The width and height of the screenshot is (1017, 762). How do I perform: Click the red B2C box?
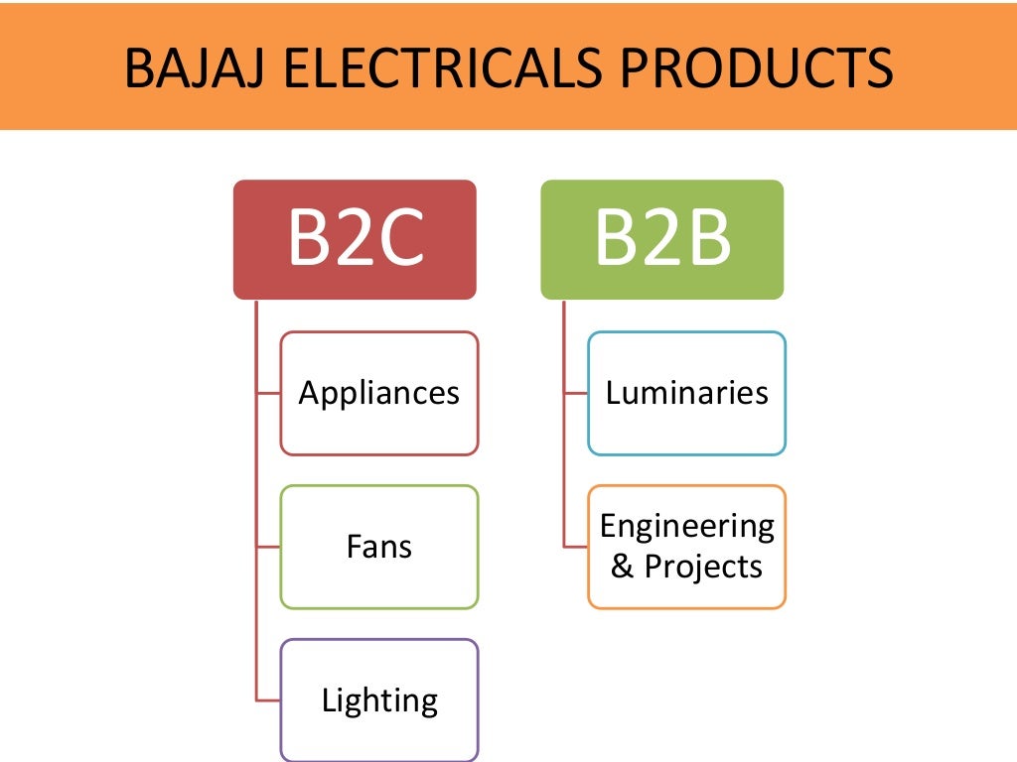click(355, 239)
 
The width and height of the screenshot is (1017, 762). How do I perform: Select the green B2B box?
click(661, 239)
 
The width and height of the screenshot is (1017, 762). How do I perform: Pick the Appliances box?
click(379, 393)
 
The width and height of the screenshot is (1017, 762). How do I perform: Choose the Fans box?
click(379, 547)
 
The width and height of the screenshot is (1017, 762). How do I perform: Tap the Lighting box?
click(379, 700)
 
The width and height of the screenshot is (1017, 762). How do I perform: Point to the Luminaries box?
click(686, 393)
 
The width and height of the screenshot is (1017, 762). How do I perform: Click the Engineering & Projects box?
click(686, 547)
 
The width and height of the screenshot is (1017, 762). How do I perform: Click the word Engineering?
click(686, 526)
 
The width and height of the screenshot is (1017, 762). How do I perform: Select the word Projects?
click(703, 568)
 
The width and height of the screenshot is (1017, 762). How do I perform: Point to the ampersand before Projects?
click(622, 568)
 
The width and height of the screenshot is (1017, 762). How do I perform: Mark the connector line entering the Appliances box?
click(268, 393)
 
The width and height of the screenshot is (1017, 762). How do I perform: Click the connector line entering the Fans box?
click(268, 547)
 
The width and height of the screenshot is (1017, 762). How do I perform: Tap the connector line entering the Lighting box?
click(268, 700)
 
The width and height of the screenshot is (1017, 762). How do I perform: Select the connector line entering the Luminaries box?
click(575, 393)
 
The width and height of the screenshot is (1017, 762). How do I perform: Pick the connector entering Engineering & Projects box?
click(575, 547)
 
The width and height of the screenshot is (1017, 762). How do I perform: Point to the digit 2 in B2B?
click(660, 239)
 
